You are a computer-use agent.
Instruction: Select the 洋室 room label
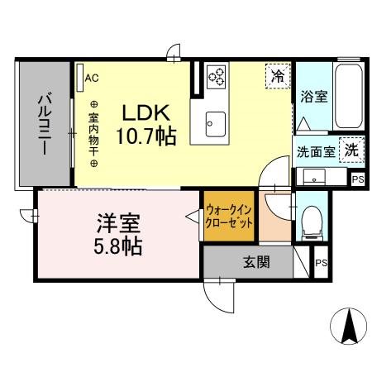(x=119, y=223)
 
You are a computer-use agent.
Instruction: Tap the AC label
(x=92, y=79)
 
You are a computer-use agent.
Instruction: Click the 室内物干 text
(x=93, y=133)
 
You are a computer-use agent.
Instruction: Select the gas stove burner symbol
(x=216, y=76)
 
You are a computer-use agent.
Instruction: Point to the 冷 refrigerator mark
(x=278, y=77)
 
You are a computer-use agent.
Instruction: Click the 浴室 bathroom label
(x=314, y=97)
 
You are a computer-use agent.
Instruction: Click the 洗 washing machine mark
(x=352, y=150)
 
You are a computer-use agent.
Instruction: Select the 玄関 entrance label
(x=256, y=265)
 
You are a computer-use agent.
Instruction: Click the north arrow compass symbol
(x=348, y=327)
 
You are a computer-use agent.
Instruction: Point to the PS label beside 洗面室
(x=358, y=179)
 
